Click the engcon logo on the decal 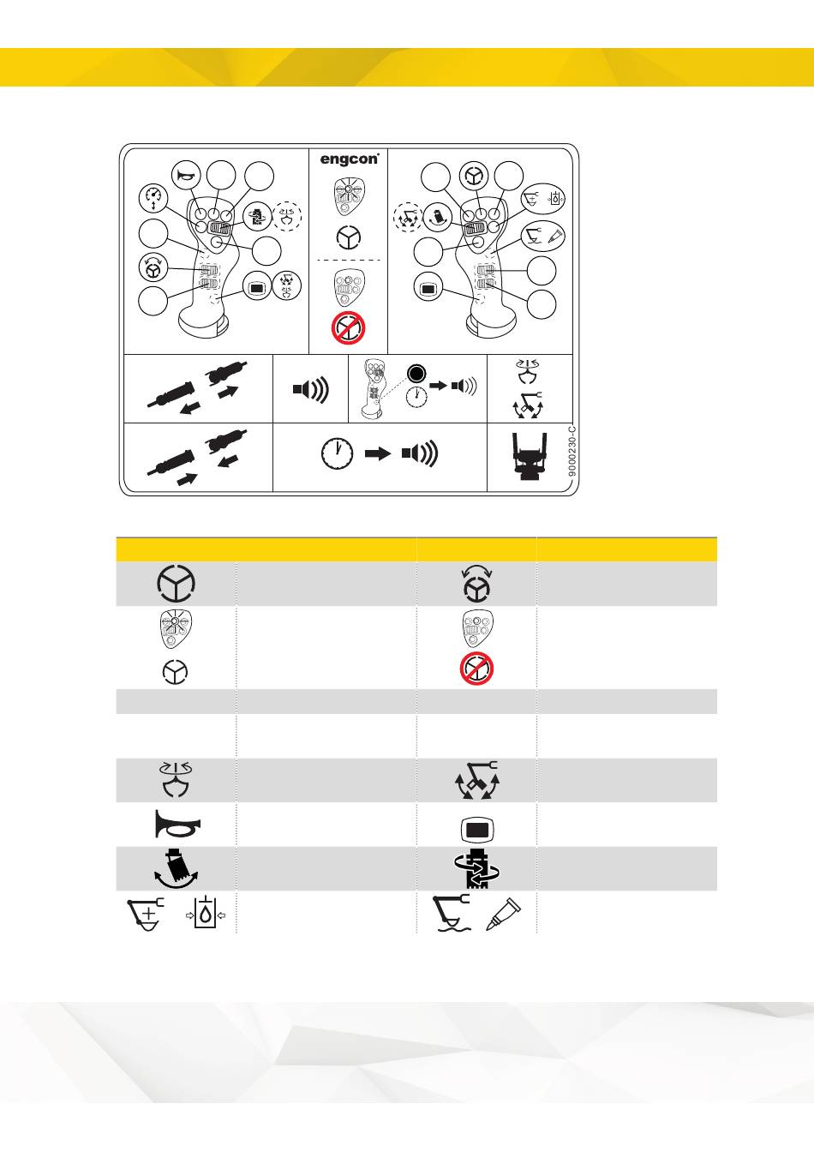[x=349, y=159]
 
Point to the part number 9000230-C [x=573, y=451]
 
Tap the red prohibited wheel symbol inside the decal [x=348, y=329]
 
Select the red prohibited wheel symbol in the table [x=476, y=669]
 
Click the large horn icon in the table [x=177, y=824]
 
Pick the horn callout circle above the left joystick [x=186, y=176]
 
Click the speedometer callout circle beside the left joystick [x=153, y=198]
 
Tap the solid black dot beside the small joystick [x=416, y=374]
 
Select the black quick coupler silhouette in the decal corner [x=530, y=456]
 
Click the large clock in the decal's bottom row [x=337, y=453]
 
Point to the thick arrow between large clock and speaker [x=378, y=453]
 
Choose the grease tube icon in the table [x=504, y=914]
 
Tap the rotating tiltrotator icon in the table [x=477, y=868]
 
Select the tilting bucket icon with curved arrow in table [x=177, y=868]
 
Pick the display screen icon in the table [x=477, y=830]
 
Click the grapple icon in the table [x=176, y=780]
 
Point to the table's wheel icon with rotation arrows [x=477, y=584]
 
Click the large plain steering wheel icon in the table [x=176, y=583]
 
